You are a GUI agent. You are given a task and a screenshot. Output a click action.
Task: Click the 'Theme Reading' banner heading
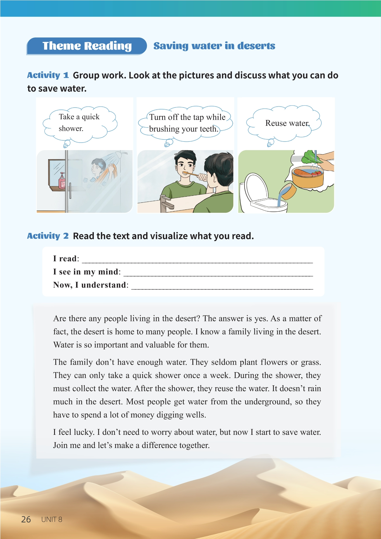pos(87,46)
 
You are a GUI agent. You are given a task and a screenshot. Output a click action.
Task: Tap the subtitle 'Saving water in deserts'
pos(214,46)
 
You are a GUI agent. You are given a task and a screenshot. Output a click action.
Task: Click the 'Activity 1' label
pos(48,75)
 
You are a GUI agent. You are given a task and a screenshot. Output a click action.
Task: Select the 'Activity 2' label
pos(48,236)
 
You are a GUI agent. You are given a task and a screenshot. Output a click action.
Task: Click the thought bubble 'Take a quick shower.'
pos(80,123)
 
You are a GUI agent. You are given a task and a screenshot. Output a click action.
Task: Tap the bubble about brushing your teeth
pos(187,123)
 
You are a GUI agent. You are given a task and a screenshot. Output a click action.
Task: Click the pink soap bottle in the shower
pos(62,181)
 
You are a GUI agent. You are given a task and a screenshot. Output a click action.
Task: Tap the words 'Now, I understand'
pos(90,285)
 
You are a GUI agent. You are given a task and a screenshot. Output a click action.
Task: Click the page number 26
pos(26,519)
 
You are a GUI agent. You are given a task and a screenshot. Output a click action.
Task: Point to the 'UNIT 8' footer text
pos(52,519)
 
